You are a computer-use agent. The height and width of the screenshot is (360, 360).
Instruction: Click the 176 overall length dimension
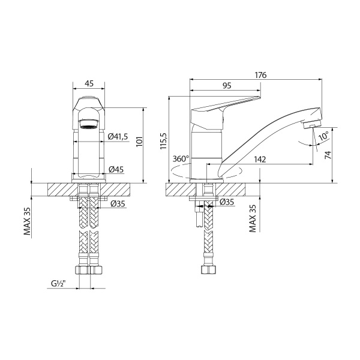tap(260, 75)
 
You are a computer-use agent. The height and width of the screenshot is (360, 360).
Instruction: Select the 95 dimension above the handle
tap(226, 86)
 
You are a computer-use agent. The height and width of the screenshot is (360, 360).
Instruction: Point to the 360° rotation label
tap(180, 159)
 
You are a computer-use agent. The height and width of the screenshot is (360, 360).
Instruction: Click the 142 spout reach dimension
tap(261, 159)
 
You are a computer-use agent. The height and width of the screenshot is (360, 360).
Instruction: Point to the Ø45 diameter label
tap(116, 170)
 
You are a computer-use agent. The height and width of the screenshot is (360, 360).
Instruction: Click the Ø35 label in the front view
tap(118, 204)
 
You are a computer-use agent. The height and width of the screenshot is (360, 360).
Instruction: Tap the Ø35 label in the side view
tap(226, 202)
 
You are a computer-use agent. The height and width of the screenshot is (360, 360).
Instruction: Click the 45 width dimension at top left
tap(88, 84)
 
